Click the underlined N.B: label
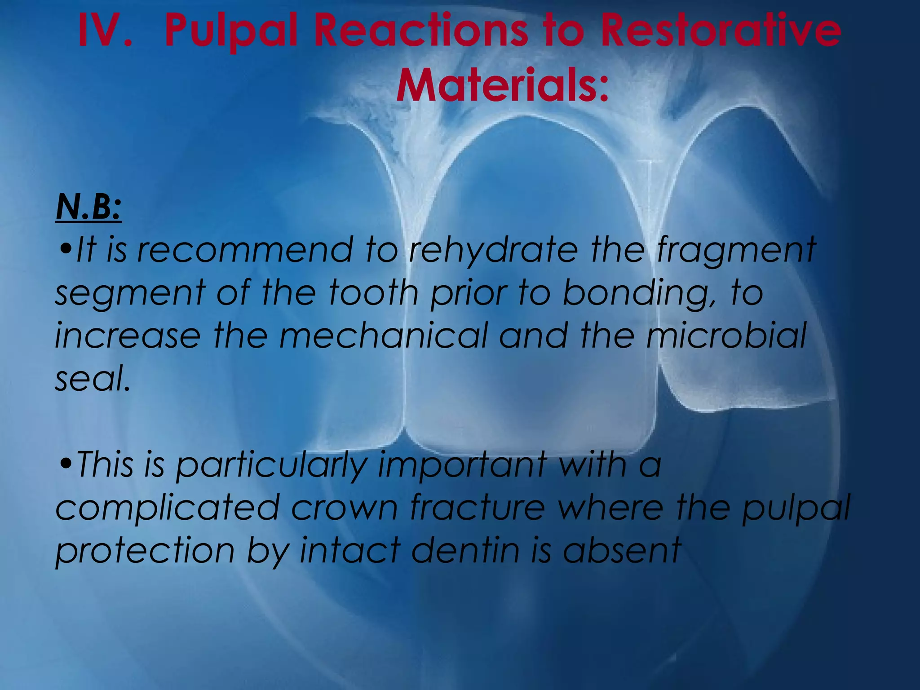pyautogui.click(x=88, y=208)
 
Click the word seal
pyautogui.click(x=92, y=378)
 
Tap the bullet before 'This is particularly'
pyautogui.click(x=65, y=465)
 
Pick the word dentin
pyautogui.click(x=465, y=550)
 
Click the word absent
pyautogui.click(x=622, y=550)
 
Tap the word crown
pyautogui.click(x=344, y=508)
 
